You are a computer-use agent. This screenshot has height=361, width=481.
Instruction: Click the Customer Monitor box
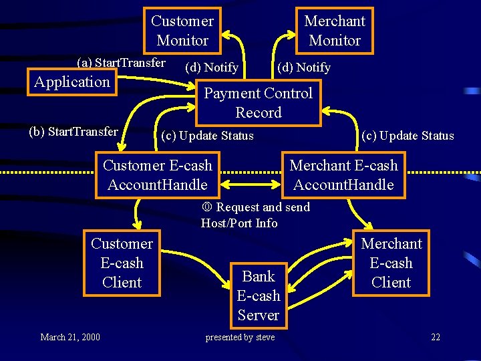click(182, 31)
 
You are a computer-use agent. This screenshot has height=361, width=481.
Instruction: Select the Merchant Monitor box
click(335, 31)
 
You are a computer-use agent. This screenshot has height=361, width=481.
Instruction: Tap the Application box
click(71, 82)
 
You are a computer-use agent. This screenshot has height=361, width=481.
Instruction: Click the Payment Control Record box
click(258, 103)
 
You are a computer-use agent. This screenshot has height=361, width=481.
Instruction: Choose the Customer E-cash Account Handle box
click(157, 175)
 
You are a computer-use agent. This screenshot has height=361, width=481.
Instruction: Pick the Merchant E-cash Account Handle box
click(343, 175)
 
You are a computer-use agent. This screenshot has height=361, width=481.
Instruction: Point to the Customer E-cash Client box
click(122, 263)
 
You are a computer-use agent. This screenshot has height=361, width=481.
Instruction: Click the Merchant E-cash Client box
click(391, 263)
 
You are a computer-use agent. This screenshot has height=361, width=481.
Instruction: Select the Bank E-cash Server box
click(259, 295)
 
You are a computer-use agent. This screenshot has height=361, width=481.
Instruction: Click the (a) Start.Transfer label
click(121, 63)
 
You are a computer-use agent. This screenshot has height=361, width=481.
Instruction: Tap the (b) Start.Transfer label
click(73, 132)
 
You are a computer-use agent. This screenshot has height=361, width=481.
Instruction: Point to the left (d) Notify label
click(211, 68)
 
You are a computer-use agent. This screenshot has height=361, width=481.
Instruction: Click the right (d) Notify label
click(303, 68)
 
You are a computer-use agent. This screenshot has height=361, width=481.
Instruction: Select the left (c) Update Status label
click(208, 136)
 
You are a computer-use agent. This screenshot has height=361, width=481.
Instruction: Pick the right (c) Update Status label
click(408, 136)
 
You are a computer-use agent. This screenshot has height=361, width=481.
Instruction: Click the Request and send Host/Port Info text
click(255, 215)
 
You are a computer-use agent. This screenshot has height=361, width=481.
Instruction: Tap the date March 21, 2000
click(70, 337)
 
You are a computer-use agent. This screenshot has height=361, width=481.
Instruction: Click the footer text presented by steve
click(240, 337)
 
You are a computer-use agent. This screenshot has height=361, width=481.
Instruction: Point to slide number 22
click(436, 337)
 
